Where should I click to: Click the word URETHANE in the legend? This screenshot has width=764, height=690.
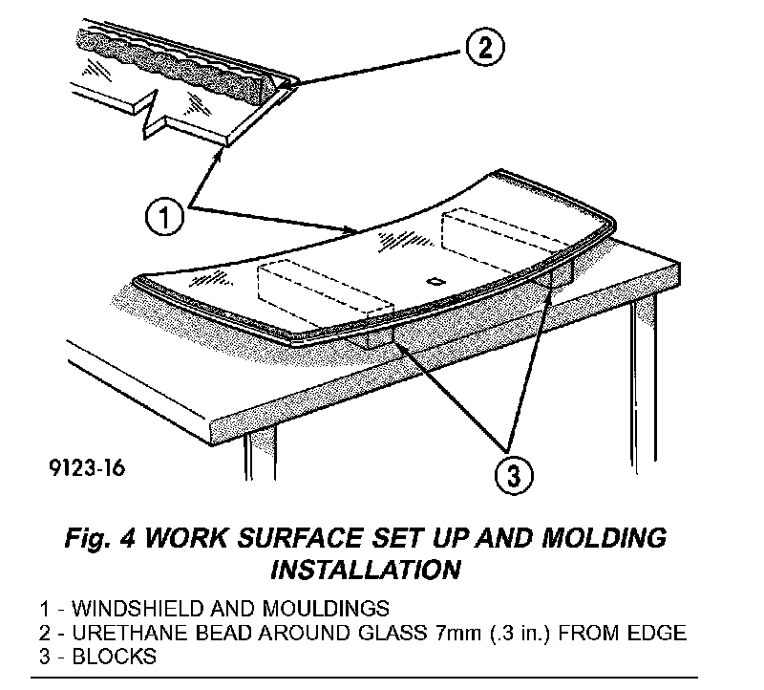click(121, 634)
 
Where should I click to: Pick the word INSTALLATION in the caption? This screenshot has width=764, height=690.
click(367, 571)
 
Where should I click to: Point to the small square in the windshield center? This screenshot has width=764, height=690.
click(435, 281)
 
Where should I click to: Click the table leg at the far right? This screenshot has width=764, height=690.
click(643, 373)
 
